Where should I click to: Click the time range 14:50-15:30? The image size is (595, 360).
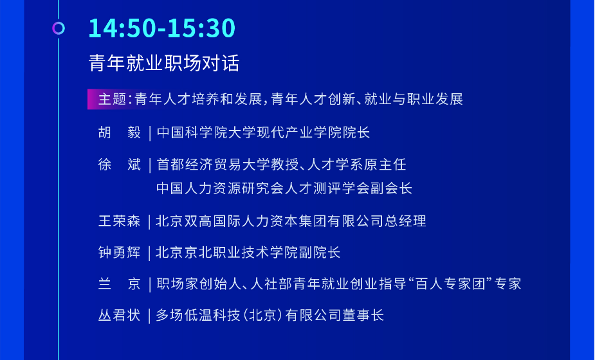click(x=162, y=28)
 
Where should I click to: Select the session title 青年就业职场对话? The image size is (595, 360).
click(x=164, y=63)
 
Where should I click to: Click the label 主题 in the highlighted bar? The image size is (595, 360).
click(x=112, y=99)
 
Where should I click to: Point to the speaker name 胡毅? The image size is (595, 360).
click(x=120, y=132)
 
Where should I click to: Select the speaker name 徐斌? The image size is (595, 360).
click(x=120, y=165)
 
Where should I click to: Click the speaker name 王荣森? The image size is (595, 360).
click(x=120, y=221)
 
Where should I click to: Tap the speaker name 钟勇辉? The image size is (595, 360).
click(x=120, y=252)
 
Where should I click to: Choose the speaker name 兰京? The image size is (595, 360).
click(x=120, y=283)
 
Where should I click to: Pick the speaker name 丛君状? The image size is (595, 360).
click(x=120, y=315)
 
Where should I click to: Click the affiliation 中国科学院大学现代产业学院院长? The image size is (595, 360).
click(x=263, y=132)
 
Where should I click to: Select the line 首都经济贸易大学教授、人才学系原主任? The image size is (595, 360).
click(x=281, y=165)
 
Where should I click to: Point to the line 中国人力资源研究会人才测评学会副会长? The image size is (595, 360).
click(x=284, y=188)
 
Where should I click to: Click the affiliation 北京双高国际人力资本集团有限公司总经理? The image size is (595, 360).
click(x=291, y=221)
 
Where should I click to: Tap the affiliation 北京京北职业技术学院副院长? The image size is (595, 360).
click(x=248, y=252)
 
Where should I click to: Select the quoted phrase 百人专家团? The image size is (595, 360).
click(x=450, y=283)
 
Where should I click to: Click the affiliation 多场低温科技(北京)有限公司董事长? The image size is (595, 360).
click(x=270, y=315)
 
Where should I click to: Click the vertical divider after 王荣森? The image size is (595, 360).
click(x=149, y=222)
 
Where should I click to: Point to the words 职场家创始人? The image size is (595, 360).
click(x=199, y=283)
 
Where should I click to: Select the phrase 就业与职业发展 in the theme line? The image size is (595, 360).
click(x=414, y=99)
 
